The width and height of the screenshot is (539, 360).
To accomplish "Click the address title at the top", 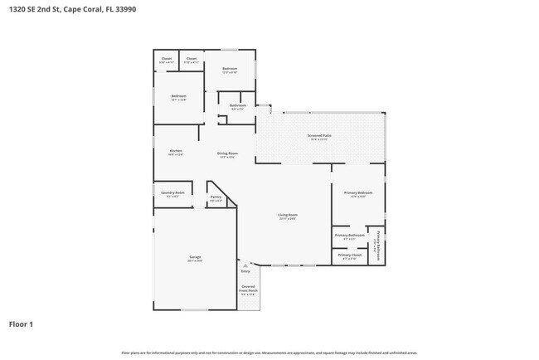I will point(61,9).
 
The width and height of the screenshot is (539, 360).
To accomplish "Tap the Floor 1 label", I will point(22,324).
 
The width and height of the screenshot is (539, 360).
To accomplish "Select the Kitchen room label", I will point(176,150).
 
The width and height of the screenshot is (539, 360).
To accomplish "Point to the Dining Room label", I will point(227,153).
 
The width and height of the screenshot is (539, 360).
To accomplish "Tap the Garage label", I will point(195,257).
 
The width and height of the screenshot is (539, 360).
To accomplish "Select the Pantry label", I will point(216,197).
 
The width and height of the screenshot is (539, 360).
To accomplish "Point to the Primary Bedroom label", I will point(358,192).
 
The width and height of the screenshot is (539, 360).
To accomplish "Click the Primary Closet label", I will point(349,255).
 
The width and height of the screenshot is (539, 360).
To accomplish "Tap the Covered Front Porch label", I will point(249,289).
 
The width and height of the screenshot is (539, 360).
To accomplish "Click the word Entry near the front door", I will point(245,271).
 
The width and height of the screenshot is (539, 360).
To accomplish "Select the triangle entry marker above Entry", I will point(245,264).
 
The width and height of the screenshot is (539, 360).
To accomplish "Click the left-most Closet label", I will point(166,58).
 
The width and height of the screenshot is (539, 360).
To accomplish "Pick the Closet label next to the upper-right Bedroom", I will point(191,58).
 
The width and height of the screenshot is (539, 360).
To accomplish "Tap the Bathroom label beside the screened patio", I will point(238,105).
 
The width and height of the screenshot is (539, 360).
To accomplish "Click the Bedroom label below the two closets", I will point(179,96).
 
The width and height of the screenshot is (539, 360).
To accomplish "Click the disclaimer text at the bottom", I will point(269,353).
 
